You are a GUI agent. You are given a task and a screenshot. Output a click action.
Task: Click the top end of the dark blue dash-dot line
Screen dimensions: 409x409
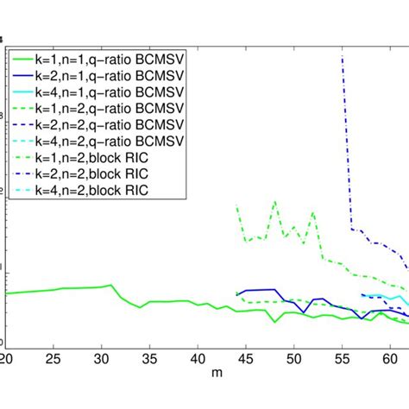click(343, 55)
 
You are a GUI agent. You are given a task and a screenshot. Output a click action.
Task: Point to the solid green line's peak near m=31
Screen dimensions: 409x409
click(111, 285)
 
